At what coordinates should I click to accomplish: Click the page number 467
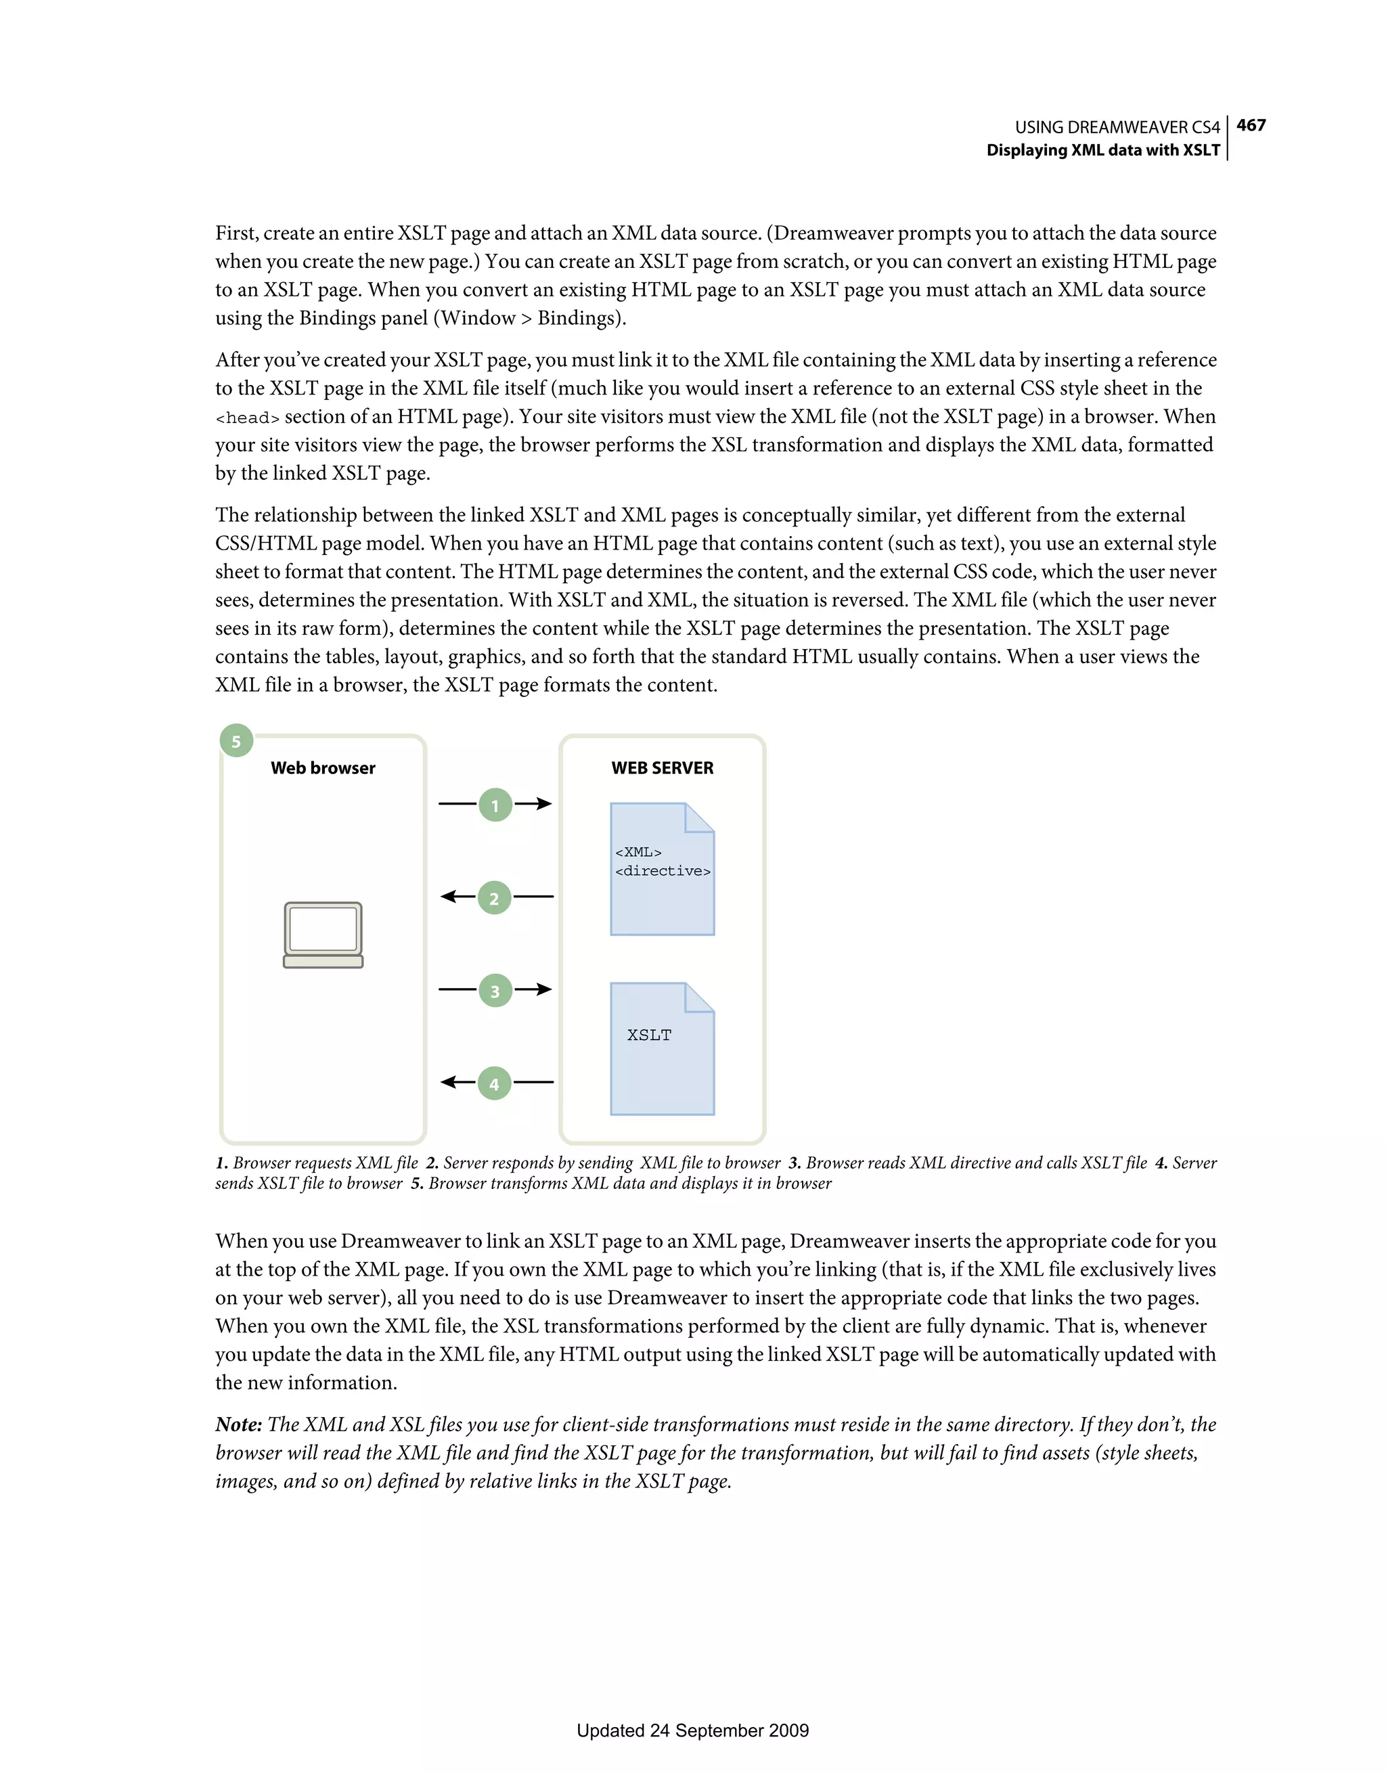coord(1251,125)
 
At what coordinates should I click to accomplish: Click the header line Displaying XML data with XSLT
coord(1102,150)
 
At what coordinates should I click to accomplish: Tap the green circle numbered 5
coord(236,741)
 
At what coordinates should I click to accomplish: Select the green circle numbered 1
coord(495,805)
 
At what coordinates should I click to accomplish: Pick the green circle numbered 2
coord(495,898)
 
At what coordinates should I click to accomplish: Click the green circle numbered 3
coord(495,991)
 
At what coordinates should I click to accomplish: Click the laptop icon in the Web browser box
coord(323,935)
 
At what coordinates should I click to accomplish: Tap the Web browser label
coord(323,768)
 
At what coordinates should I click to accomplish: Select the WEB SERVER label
coord(663,768)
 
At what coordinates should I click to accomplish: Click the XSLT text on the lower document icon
coord(650,1035)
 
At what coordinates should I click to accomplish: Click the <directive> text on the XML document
coord(663,871)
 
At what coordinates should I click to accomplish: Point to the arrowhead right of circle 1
coord(544,804)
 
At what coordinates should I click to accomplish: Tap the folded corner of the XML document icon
coord(699,817)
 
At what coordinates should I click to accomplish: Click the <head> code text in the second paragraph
coord(247,418)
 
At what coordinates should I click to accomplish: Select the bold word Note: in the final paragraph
coord(239,1424)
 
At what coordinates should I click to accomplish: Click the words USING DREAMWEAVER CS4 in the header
coord(1117,127)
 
